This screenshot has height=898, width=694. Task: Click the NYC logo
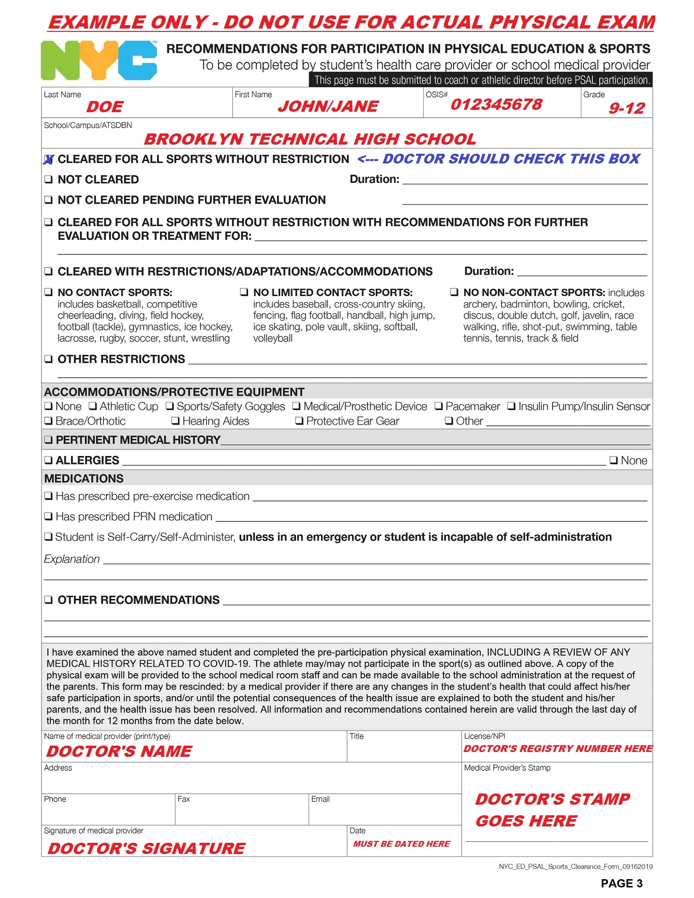pyautogui.click(x=99, y=60)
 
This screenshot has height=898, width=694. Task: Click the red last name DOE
pyautogui.click(x=105, y=107)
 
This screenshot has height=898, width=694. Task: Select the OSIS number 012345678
pyautogui.click(x=496, y=104)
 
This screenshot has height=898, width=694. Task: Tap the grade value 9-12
pyautogui.click(x=626, y=108)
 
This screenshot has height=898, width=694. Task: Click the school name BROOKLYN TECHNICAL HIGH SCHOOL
pyautogui.click(x=310, y=139)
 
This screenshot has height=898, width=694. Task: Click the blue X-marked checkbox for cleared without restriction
pyautogui.click(x=48, y=160)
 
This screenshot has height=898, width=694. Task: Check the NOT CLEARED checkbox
pyautogui.click(x=48, y=179)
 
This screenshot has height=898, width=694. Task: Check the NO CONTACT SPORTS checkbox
pyautogui.click(x=48, y=292)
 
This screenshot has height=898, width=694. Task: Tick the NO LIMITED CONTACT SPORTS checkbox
pyautogui.click(x=244, y=292)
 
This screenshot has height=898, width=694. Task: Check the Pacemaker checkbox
pyautogui.click(x=439, y=406)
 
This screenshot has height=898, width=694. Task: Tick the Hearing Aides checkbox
pyautogui.click(x=176, y=421)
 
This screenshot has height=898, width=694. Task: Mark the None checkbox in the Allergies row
pyautogui.click(x=613, y=460)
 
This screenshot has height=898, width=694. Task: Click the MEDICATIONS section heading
pyautogui.click(x=84, y=478)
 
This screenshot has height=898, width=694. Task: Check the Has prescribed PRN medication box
pyautogui.click(x=48, y=516)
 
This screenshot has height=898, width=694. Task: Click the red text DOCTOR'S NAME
pyautogui.click(x=119, y=751)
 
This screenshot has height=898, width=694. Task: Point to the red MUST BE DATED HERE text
pyautogui.click(x=401, y=844)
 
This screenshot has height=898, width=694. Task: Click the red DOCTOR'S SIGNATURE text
pyautogui.click(x=146, y=848)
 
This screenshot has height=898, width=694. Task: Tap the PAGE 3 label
pyautogui.click(x=621, y=883)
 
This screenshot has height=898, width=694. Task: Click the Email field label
pyautogui.click(x=320, y=799)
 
